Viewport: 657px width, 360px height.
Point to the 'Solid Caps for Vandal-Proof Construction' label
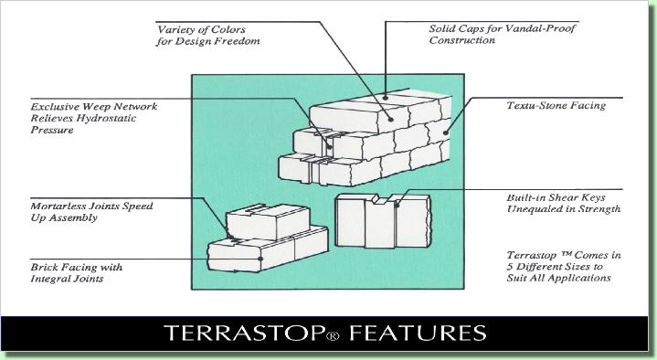(x=492, y=35)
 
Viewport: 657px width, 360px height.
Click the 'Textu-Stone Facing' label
(x=556, y=106)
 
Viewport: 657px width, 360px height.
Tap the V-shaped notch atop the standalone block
(x=392, y=198)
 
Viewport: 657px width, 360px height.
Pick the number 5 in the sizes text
(x=509, y=265)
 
